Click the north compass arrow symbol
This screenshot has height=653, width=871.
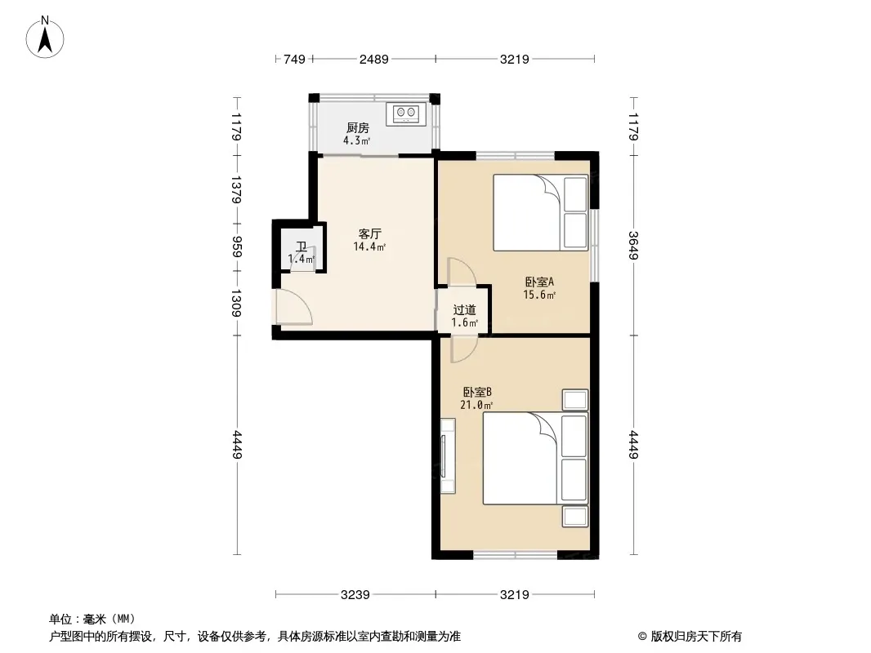(x=45, y=38)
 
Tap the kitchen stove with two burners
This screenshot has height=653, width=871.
(x=406, y=113)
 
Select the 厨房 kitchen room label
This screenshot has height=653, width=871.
(x=358, y=128)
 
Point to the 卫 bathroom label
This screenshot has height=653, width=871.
(x=301, y=247)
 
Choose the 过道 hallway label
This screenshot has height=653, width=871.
(x=464, y=310)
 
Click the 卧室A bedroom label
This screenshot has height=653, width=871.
(x=539, y=282)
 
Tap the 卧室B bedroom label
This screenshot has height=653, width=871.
(x=477, y=392)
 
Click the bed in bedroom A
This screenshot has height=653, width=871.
(x=540, y=212)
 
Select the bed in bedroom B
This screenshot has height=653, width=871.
(x=535, y=458)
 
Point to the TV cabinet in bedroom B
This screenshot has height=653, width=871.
(x=448, y=456)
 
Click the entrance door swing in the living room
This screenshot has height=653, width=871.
(x=294, y=307)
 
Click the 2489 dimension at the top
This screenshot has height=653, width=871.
(x=374, y=59)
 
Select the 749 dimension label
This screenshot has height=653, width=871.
(x=294, y=59)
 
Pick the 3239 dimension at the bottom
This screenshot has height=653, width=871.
(x=355, y=595)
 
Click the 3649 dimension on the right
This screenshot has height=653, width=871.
(x=633, y=245)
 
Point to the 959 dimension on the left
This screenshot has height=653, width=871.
(x=237, y=247)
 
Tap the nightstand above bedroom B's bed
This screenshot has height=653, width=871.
(x=575, y=399)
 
